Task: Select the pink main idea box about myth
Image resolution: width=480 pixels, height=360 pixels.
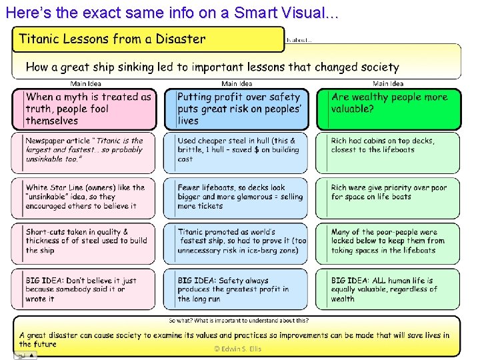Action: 85,109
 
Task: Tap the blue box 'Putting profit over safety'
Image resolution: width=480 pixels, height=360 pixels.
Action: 237,109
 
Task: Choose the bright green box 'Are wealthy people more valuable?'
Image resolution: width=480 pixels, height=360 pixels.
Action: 388,109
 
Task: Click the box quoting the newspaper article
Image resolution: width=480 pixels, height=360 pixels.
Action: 85,153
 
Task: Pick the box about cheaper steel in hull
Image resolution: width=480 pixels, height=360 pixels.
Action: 237,153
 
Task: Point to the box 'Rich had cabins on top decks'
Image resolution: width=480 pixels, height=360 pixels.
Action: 388,153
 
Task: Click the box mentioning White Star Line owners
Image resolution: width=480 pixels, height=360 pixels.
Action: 85,197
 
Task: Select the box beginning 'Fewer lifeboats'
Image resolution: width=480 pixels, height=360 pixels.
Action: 237,197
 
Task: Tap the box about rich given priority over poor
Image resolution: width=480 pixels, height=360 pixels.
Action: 388,197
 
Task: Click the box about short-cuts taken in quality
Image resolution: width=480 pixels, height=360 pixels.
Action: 85,243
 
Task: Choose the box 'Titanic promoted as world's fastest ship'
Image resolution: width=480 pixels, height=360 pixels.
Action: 237,243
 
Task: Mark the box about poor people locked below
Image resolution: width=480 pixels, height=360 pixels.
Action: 388,243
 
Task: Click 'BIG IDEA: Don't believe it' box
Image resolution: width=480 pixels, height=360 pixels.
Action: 85,289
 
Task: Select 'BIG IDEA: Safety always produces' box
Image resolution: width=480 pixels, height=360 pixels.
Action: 237,289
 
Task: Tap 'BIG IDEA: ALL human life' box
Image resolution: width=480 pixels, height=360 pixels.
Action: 388,289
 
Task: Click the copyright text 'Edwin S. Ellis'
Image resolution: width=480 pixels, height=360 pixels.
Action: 237,349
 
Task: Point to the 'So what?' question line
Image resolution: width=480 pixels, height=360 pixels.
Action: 238,321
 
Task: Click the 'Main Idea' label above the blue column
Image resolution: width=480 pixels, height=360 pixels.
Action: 237,84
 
